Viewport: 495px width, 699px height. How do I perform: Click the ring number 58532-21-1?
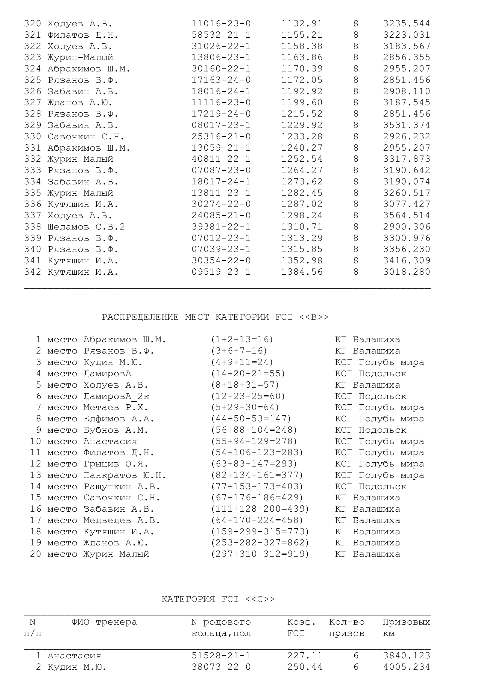tap(221, 35)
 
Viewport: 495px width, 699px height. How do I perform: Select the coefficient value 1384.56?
tap(301, 272)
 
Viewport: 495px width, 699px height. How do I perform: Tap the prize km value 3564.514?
tap(406, 215)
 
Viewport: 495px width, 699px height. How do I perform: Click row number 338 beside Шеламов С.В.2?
tap(33, 227)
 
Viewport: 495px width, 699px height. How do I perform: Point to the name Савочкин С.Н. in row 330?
tap(86, 137)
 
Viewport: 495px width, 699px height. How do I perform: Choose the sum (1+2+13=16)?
tap(242, 339)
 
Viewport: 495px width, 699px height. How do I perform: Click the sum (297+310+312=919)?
tap(260, 554)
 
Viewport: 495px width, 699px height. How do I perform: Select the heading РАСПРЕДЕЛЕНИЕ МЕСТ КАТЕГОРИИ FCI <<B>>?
tap(215, 317)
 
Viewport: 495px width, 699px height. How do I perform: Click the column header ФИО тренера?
tap(104, 622)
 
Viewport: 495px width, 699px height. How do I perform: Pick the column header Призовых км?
tap(406, 628)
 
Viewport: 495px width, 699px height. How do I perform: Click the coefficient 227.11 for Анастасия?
tap(304, 655)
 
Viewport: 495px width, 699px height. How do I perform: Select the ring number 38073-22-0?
tap(221, 667)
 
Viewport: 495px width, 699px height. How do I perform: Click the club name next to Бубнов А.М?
tap(371, 430)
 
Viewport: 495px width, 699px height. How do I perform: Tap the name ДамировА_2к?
tap(116, 396)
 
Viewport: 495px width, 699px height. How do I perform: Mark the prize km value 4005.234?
tap(406, 667)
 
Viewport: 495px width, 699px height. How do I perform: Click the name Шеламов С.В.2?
tap(86, 227)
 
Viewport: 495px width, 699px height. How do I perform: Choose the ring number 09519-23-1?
tap(221, 272)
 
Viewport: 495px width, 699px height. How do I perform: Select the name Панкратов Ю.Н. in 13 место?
tap(125, 475)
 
